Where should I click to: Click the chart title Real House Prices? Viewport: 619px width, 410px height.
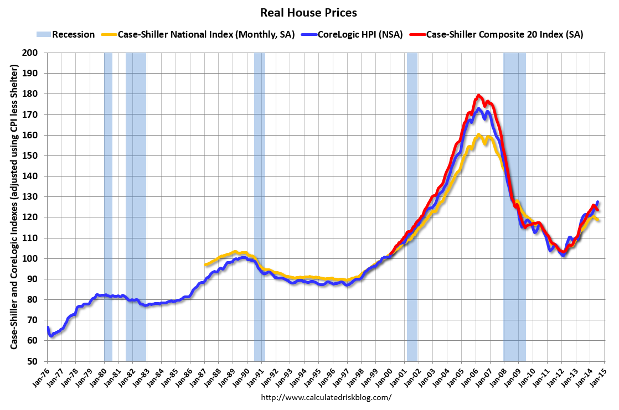[309, 12]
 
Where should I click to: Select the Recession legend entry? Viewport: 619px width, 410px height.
[66, 34]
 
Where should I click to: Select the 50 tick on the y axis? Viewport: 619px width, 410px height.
[39, 361]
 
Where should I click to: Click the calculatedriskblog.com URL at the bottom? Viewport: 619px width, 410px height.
[326, 397]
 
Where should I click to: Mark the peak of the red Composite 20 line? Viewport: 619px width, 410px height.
[478, 95]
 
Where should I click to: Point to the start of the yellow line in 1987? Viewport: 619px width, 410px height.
[205, 265]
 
